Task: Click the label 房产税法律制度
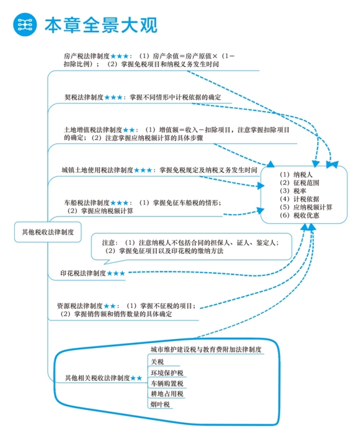(86, 55)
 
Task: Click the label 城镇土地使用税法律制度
(97, 170)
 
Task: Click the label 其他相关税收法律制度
(97, 378)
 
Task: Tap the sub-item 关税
(157, 362)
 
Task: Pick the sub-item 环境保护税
(167, 373)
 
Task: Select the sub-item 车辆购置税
(167, 384)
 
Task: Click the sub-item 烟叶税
(160, 404)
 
